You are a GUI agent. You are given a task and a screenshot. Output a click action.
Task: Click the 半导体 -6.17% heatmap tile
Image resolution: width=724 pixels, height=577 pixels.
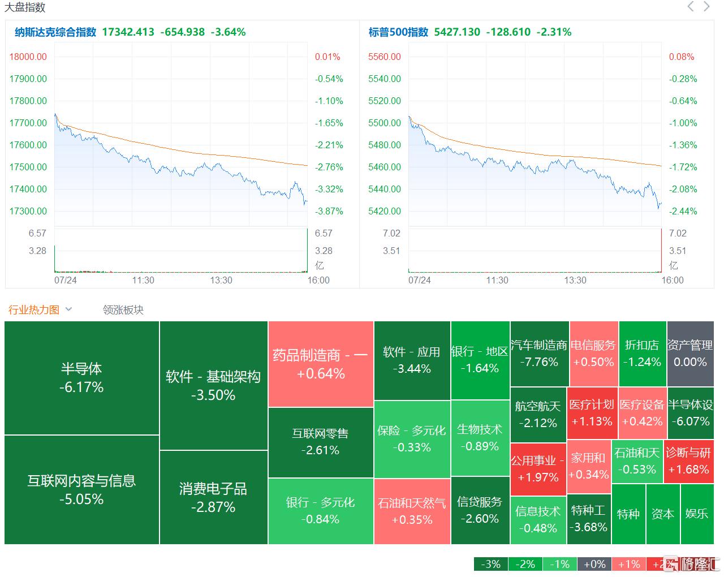point(81,378)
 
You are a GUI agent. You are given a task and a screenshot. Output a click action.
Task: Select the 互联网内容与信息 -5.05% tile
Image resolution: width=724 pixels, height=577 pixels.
point(81,490)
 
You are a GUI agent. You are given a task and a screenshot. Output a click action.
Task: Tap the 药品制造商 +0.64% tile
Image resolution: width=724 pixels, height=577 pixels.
point(321,364)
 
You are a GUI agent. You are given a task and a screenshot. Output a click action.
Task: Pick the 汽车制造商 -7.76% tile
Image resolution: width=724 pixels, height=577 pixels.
point(539,354)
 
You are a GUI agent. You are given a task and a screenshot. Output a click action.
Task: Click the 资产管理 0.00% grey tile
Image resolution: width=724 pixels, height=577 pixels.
point(690,354)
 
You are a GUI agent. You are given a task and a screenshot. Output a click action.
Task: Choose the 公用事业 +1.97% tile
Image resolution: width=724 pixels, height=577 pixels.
point(538,469)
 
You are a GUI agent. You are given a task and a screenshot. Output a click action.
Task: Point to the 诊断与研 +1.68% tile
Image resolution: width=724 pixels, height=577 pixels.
point(688,461)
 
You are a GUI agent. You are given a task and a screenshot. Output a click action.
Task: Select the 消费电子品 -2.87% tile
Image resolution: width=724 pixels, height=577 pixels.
point(213,497)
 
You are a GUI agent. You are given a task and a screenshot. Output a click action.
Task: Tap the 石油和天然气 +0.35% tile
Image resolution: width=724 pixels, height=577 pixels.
point(412,511)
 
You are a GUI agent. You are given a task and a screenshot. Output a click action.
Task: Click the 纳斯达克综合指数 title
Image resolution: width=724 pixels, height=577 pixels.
point(55,32)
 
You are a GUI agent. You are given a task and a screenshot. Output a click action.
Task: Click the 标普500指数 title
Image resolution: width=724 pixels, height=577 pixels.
point(398,32)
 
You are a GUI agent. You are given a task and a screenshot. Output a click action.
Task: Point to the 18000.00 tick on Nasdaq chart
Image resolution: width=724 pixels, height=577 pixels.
point(28,57)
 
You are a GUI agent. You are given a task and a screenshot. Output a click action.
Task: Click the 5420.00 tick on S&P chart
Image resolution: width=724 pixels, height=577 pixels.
point(385,211)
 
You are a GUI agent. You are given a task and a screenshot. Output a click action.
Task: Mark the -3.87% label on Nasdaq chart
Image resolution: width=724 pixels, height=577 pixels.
point(329,211)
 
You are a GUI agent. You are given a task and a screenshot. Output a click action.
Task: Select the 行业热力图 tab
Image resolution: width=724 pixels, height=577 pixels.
point(34,310)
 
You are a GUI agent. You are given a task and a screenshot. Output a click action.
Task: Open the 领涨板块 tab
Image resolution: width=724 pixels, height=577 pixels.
point(123,310)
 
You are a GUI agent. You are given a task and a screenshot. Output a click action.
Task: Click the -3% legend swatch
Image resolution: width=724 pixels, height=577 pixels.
point(490,564)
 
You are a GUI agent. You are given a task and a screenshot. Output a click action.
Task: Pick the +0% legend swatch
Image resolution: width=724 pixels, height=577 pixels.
point(594,564)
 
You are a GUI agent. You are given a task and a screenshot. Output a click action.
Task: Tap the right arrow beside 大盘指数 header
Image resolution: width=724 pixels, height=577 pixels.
point(706,7)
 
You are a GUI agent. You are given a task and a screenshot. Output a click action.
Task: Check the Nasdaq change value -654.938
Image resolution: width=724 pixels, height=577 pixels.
point(182,32)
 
